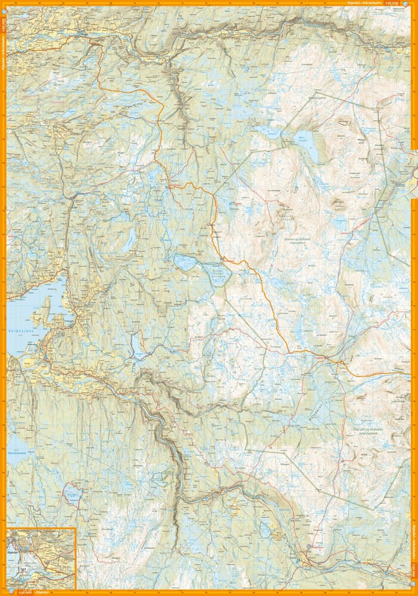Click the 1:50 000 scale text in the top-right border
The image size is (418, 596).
coord(393,4)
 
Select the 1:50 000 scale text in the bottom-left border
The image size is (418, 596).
coord(24,592)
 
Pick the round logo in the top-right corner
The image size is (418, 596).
coord(406,4)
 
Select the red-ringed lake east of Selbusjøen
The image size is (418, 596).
coord(136,346)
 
